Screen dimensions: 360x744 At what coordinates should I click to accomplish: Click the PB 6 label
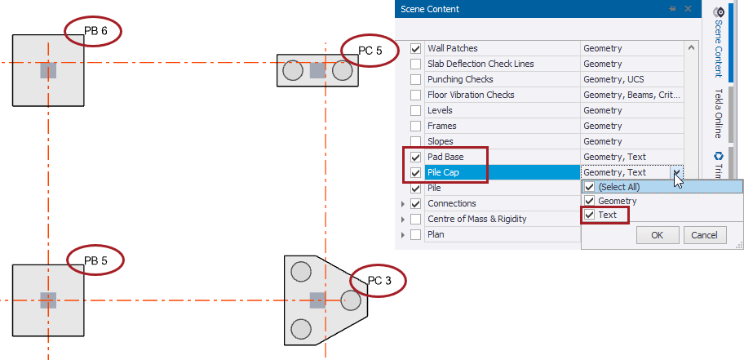96,31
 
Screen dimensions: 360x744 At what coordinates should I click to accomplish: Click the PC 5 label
370,51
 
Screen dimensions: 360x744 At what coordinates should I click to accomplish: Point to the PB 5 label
96,261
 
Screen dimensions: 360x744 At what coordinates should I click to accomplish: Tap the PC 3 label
380,281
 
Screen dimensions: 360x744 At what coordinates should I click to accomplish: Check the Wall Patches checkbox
416,48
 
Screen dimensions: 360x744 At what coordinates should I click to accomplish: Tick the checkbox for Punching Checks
416,79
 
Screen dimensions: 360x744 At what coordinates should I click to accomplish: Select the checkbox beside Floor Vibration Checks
416,95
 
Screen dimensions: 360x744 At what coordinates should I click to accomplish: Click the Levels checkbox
416,110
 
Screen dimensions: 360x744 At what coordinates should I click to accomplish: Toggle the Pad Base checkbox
416,157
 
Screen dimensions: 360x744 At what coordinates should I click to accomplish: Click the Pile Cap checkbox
416,172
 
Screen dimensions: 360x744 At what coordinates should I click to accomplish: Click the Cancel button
703,235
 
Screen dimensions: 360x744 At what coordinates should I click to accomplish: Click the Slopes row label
441,141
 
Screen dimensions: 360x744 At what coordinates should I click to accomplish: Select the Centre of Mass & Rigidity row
476,219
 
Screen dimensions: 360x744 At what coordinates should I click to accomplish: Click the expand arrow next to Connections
403,203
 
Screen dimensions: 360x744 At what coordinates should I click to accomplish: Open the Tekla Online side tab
719,113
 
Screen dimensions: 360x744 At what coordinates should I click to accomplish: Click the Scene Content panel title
429,9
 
